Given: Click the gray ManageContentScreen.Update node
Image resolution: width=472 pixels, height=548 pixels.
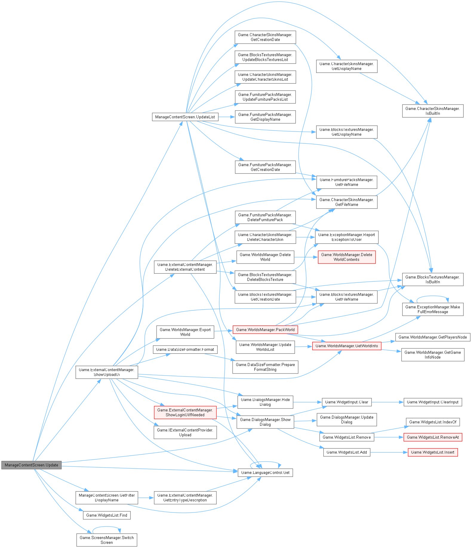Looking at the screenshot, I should point(31,465).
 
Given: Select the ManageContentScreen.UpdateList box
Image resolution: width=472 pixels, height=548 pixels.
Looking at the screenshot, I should point(185,117).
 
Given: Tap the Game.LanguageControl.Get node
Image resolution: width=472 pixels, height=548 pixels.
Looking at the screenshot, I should point(265,472).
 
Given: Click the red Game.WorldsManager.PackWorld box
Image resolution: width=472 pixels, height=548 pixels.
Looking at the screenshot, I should point(265,330).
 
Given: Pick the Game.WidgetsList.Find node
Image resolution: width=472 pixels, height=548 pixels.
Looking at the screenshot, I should point(107,515).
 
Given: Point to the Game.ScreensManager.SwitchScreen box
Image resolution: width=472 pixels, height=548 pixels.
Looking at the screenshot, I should point(107,540).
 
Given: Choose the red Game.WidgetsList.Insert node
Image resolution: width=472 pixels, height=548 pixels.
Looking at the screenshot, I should point(433,452).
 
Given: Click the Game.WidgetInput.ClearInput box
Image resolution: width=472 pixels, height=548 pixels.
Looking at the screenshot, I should point(433,402).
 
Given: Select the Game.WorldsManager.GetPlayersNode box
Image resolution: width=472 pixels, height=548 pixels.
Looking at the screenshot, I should point(433,337).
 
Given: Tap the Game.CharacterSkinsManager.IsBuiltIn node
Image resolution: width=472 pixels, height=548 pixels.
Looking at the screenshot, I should point(433,111).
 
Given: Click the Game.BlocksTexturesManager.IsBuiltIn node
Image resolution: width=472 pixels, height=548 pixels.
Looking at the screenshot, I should point(433,279).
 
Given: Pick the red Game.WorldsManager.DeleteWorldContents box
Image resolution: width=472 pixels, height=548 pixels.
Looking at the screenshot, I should point(347,257).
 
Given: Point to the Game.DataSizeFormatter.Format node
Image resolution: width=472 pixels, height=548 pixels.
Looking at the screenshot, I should point(185,349).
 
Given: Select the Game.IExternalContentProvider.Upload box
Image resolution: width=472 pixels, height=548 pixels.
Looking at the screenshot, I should point(185,432).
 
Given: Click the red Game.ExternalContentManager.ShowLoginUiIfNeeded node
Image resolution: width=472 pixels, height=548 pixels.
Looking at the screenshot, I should point(185,412).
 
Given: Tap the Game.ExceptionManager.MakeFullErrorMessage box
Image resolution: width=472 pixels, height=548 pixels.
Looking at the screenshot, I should point(433,309).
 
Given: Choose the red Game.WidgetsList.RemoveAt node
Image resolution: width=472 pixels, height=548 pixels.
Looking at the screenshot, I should point(433,437).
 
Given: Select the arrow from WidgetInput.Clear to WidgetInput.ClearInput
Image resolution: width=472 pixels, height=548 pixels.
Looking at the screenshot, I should point(388,402).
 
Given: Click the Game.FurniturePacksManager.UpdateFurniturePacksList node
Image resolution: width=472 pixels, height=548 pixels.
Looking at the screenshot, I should point(265,97).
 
